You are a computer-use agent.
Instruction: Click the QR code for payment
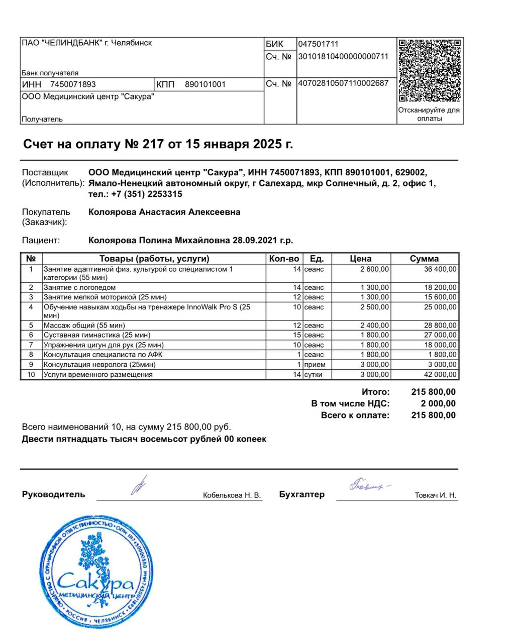(x=430, y=71)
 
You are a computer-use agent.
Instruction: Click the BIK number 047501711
(x=318, y=44)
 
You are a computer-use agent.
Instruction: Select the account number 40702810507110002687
(x=343, y=83)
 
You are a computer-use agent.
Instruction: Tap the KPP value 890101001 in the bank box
(x=205, y=84)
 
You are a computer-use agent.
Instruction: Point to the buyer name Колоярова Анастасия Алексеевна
(x=164, y=212)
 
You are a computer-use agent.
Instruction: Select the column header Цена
(x=360, y=259)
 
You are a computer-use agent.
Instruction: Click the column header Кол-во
(x=284, y=259)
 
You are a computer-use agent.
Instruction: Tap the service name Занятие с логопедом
(x=79, y=288)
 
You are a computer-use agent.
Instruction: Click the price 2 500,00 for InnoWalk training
(x=374, y=307)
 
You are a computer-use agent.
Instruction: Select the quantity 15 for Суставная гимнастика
(x=297, y=335)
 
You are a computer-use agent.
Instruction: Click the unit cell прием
(x=315, y=365)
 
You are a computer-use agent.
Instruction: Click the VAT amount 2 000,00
(x=438, y=404)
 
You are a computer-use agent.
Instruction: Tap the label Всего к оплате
(x=355, y=415)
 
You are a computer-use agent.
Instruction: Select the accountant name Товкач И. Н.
(x=435, y=496)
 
